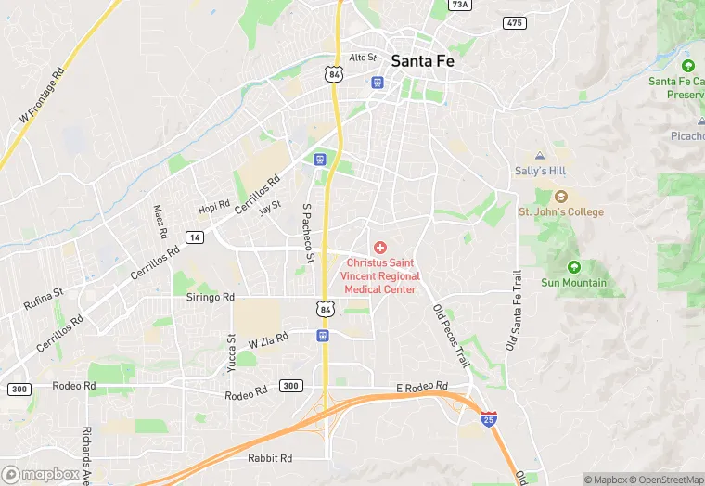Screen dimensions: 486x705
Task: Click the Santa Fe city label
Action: [x=423, y=60]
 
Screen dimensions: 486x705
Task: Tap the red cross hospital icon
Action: [x=379, y=248]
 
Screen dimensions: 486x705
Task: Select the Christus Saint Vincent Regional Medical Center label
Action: [x=380, y=276]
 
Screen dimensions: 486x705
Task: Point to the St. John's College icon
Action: [x=560, y=196]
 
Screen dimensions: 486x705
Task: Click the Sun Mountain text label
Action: [x=573, y=283]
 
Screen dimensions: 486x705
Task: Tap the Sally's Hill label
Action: [x=540, y=171]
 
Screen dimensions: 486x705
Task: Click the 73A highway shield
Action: [x=459, y=5]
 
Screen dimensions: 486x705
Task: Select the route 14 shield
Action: [x=195, y=237]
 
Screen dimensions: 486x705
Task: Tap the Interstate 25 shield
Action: [x=488, y=420]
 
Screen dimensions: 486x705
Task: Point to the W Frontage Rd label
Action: [x=42, y=96]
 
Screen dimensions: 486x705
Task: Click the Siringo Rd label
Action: [x=210, y=297]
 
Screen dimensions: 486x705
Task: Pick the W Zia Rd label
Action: [x=269, y=342]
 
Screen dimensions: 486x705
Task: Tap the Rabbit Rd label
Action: [x=270, y=458]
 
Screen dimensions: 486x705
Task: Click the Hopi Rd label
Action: [x=214, y=208]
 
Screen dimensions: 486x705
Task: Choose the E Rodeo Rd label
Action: [x=421, y=387]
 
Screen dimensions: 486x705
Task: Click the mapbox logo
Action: [x=41, y=474]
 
